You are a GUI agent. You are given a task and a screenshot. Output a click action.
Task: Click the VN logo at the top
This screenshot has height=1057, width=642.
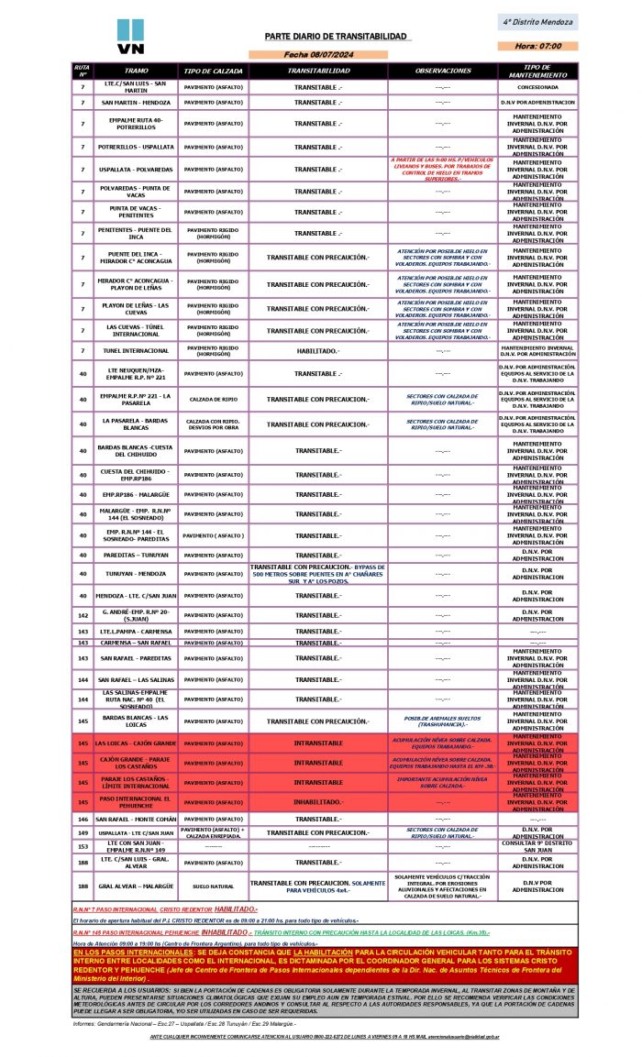coord(130,37)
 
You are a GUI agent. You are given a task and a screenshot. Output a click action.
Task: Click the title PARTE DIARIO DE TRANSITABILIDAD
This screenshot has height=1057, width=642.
coord(336,36)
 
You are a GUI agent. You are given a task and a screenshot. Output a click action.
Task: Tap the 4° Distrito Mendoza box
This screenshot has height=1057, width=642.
coord(538,21)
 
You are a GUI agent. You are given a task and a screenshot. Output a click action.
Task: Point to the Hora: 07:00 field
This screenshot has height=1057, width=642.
coord(537,46)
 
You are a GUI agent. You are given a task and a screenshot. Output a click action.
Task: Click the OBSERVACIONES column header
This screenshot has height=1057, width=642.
coord(442,71)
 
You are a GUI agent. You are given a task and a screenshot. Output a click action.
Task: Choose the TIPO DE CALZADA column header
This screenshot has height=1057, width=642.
coord(213,71)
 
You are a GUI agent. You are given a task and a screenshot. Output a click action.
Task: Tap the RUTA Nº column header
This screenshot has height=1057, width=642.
coord(83,71)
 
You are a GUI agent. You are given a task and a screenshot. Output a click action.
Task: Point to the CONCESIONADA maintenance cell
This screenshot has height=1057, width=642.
coord(537,87)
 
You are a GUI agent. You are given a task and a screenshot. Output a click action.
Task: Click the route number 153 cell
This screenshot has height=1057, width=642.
coord(83,846)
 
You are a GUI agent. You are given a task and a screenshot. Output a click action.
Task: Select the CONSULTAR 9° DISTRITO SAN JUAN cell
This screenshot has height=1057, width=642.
coord(537,846)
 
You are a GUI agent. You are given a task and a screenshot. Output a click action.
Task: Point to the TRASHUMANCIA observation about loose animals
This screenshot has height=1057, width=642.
coord(442,721)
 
